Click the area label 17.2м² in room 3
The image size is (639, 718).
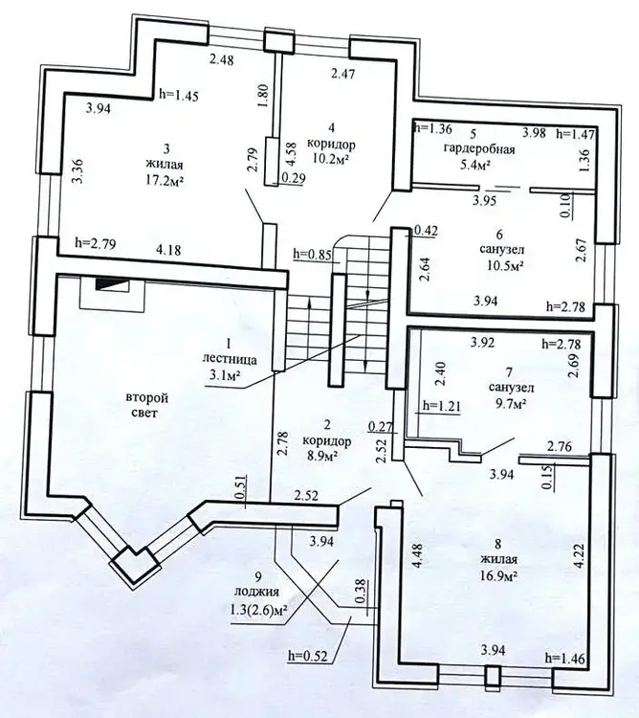165,180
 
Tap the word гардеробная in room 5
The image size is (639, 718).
479,149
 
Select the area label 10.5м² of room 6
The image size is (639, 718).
502,265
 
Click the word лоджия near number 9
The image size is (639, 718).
256,592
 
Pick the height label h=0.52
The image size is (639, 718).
308,656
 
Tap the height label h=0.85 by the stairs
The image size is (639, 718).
313,255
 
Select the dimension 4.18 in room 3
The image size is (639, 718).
168,250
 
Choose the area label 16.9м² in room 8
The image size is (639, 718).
498,574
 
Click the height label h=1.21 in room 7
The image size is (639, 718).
441,406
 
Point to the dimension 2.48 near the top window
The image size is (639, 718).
221,59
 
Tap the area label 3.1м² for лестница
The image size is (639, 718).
225,375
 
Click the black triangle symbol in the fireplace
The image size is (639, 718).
112,284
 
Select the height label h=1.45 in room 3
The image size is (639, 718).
179,95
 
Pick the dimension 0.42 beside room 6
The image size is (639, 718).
426,232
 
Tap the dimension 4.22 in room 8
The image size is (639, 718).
578,555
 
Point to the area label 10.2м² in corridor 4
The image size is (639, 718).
331,158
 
